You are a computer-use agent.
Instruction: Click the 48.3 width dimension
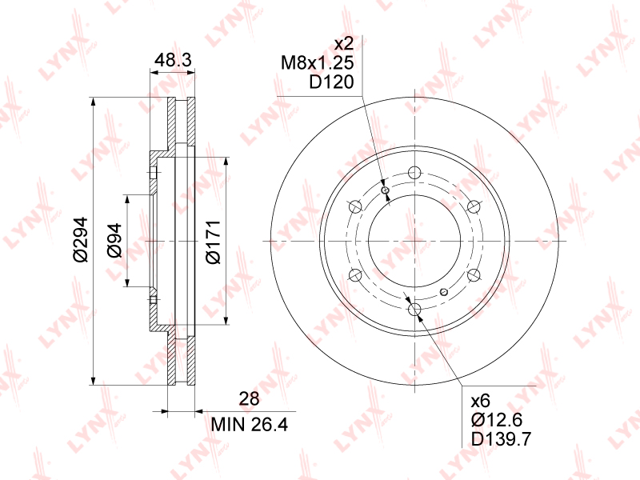[x=173, y=61]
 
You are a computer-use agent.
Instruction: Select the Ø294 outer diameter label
[x=80, y=239]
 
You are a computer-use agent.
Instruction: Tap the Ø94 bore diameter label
[x=114, y=241]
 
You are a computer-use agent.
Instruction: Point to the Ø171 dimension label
[x=213, y=242]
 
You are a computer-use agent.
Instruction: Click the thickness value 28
[x=249, y=398]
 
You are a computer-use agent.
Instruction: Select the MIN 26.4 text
[x=249, y=425]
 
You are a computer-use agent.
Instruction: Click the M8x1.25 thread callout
[x=317, y=63]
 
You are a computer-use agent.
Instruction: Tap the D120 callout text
[x=331, y=82]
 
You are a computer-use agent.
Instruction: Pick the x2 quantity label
[x=343, y=43]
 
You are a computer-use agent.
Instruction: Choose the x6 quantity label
[x=481, y=402]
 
